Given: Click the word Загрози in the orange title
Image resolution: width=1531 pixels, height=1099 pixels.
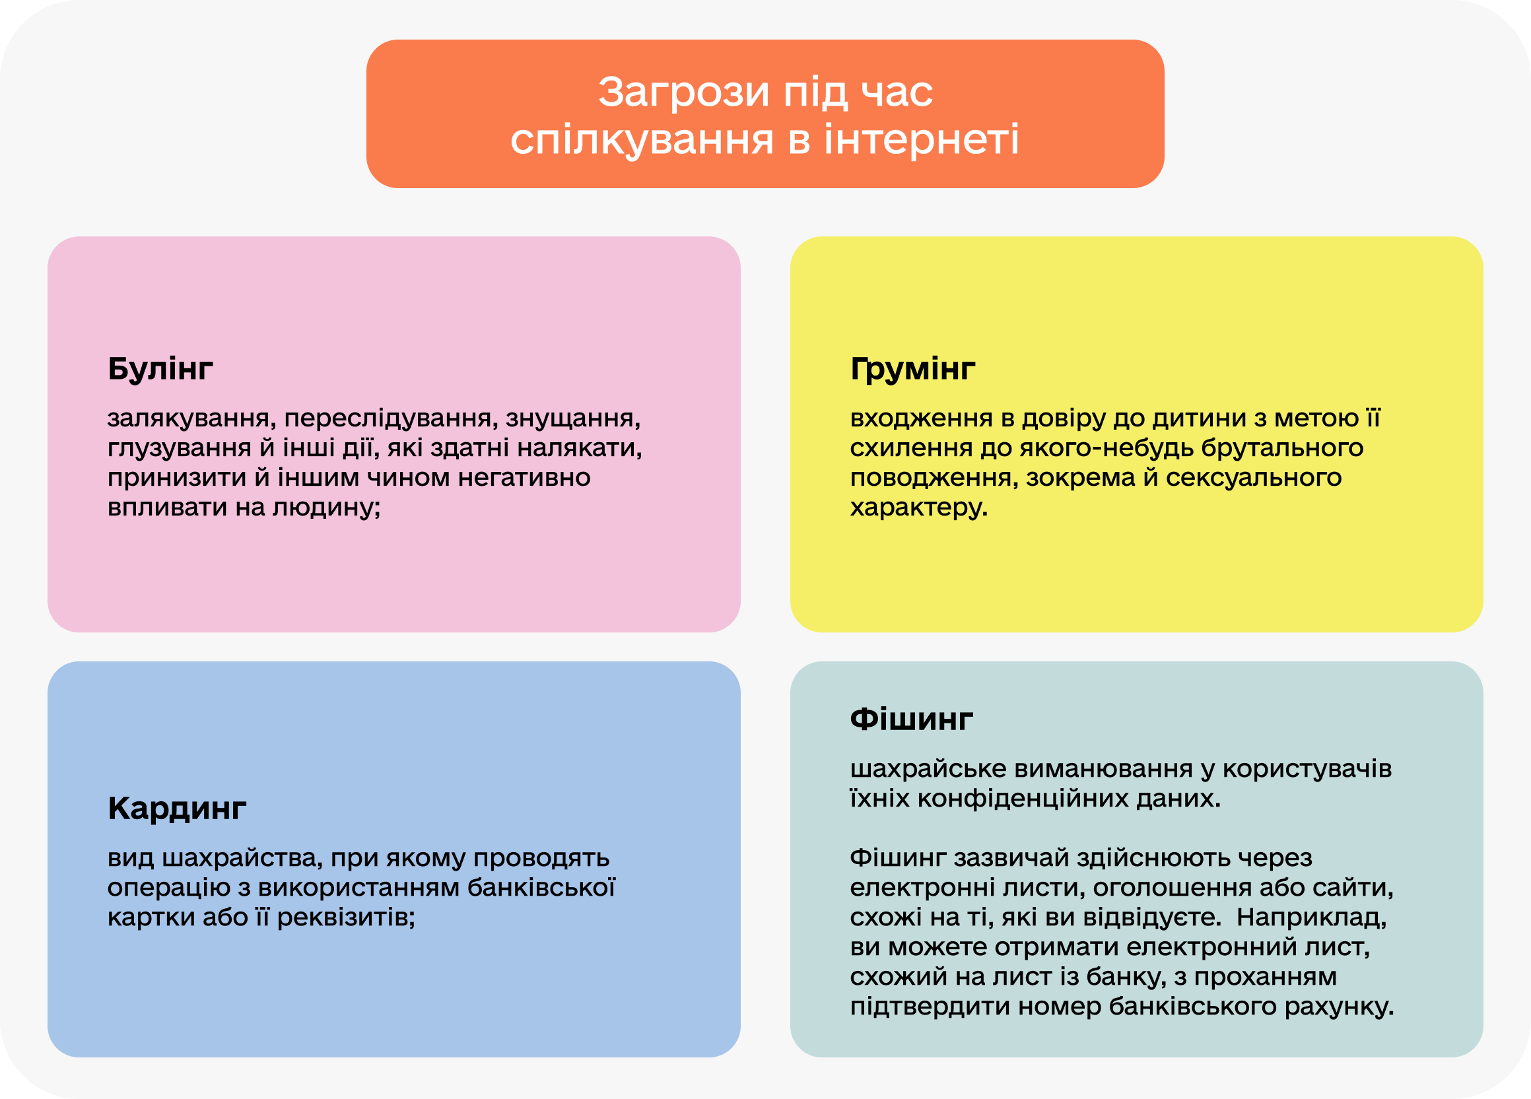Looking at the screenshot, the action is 683,92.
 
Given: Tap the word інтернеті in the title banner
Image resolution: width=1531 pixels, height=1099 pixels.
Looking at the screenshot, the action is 922,139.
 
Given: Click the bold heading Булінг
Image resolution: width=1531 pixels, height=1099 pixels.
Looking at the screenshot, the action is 160,369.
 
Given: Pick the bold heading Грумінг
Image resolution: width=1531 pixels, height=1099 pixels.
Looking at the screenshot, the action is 912,369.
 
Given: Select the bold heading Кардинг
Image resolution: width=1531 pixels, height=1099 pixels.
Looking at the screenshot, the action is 177,808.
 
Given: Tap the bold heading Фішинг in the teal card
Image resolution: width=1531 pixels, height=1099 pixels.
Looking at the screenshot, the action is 911,719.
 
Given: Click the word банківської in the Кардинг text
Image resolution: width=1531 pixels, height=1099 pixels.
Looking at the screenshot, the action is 541,888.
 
